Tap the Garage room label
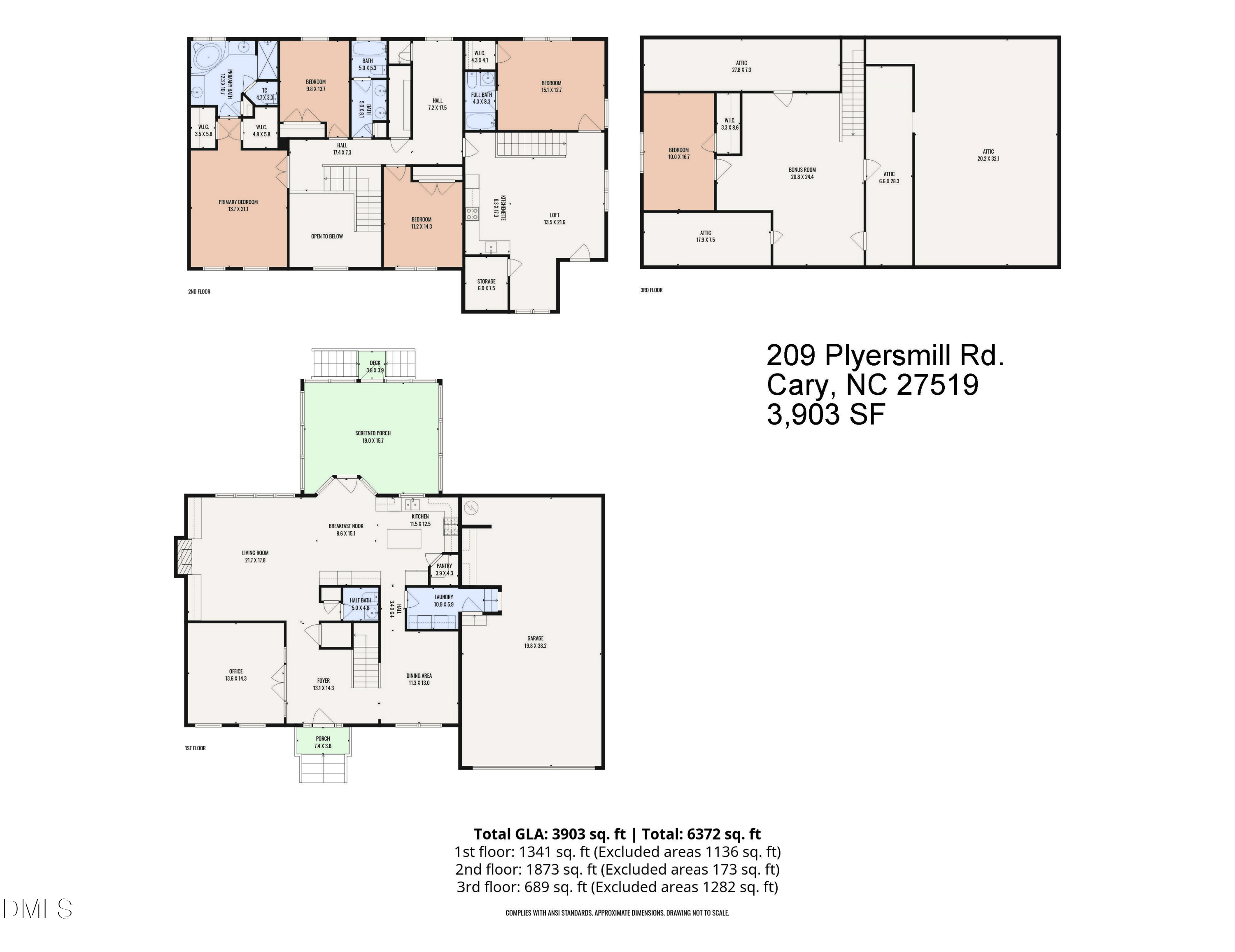click(x=535, y=642)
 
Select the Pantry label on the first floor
click(x=444, y=569)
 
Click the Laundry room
click(x=443, y=601)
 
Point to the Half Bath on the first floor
click(x=360, y=604)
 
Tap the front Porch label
click(x=323, y=742)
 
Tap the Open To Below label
click(x=327, y=236)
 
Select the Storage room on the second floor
click(x=486, y=285)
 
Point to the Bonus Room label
click(x=802, y=173)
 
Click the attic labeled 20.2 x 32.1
click(x=988, y=155)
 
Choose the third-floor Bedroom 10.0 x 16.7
click(x=678, y=153)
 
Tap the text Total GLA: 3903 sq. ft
click(x=549, y=834)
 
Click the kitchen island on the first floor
click(x=404, y=538)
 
